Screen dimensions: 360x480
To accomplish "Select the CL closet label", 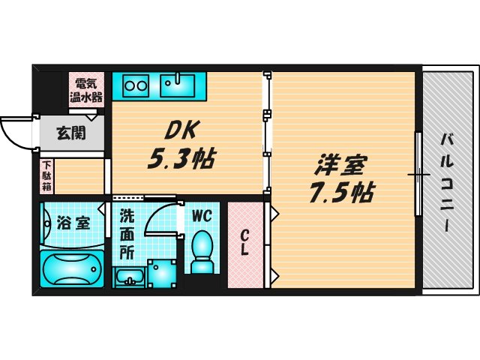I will coord(245,243).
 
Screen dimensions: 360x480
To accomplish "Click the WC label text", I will coord(202,216).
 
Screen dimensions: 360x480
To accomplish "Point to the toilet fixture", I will coord(202,251).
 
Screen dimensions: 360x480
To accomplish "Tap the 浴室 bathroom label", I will coord(73,223).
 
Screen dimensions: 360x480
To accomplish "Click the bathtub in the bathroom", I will coord(72,268).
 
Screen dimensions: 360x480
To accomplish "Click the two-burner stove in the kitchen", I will coord(136,85).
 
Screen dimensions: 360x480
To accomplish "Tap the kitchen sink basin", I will coord(178,85).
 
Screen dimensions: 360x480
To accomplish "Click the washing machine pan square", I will coord(161,274).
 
